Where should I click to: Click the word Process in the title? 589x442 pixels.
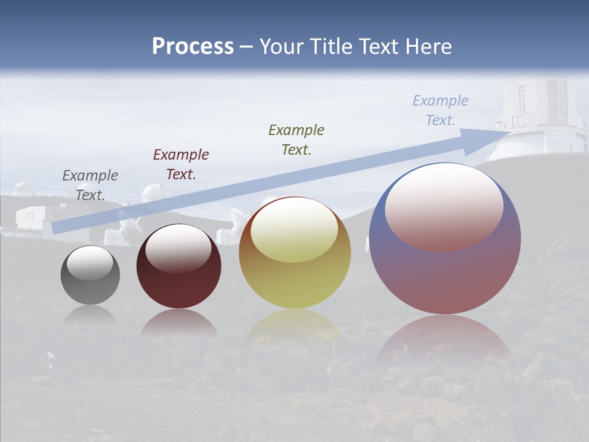(x=193, y=47)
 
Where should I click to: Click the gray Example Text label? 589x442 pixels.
(x=90, y=185)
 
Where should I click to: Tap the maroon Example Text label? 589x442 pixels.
(x=181, y=165)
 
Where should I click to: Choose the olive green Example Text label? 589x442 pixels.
(x=296, y=139)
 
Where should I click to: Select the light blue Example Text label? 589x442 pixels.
(x=441, y=110)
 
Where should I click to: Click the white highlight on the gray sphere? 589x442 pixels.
(x=90, y=263)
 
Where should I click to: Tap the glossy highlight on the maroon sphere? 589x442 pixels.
(x=179, y=249)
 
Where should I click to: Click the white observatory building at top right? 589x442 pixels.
(x=540, y=117)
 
